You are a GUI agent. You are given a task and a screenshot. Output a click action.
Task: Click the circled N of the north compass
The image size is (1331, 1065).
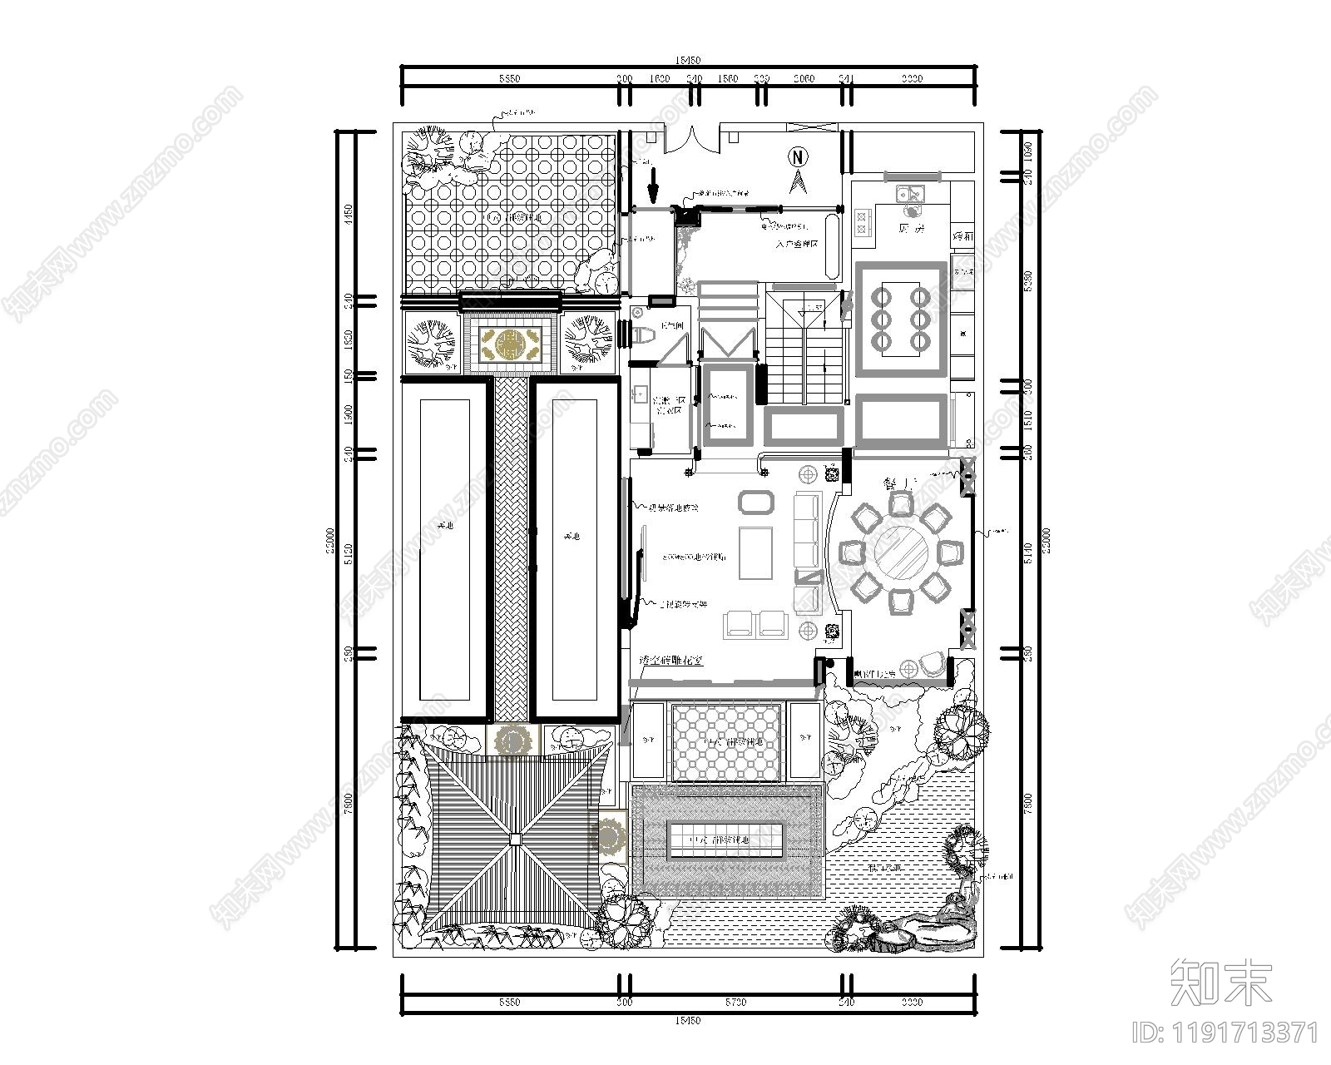click(799, 156)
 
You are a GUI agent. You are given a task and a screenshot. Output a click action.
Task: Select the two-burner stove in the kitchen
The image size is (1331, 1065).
click(862, 221)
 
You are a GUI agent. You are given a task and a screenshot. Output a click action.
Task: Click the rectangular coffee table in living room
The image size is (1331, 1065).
click(755, 551)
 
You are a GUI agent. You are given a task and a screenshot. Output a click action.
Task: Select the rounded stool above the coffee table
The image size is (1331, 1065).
click(755, 502)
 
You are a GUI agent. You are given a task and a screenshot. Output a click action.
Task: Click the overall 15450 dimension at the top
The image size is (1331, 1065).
click(688, 61)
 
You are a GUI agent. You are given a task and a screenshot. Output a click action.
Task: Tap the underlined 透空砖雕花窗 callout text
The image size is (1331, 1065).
click(672, 661)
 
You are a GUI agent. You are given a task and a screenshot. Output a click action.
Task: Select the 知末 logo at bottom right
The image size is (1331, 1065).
click(1220, 982)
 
